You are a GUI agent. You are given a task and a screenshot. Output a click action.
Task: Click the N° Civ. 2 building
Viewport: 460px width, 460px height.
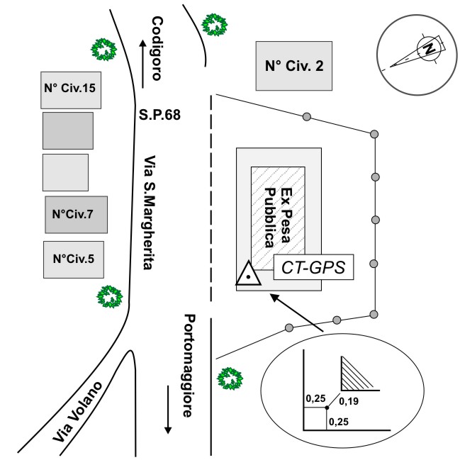(x=294, y=66)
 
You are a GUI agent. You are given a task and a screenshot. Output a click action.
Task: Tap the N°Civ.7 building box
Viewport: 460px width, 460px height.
(x=74, y=215)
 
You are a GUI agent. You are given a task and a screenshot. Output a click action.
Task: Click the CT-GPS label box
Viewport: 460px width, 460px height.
(x=313, y=268)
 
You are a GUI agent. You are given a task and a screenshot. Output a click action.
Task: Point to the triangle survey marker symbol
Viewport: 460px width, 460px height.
(x=249, y=274)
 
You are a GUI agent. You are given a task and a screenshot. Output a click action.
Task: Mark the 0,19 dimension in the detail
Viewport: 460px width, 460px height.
(x=349, y=403)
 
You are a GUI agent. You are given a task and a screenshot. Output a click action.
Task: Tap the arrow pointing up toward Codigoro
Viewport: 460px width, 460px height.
(x=143, y=64)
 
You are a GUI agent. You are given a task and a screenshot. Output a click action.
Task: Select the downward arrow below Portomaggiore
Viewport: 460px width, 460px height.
(x=169, y=411)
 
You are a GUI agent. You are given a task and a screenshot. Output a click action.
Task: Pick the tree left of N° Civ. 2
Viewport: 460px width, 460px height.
(x=215, y=26)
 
